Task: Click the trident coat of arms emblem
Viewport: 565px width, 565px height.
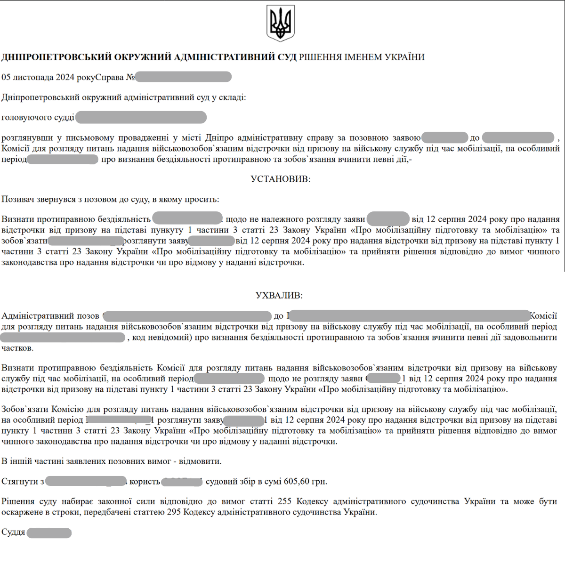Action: point(281,23)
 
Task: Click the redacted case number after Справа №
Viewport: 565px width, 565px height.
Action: point(183,77)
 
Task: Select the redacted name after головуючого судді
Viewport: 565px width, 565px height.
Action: point(141,117)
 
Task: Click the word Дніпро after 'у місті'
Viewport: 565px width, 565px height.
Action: point(219,138)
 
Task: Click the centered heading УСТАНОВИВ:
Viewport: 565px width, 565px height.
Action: point(281,179)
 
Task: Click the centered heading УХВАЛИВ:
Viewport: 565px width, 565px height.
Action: point(279,296)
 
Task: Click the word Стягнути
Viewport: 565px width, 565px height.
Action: point(20,481)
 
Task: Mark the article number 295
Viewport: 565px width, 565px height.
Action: point(174,512)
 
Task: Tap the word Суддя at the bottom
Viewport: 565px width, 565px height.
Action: point(13,532)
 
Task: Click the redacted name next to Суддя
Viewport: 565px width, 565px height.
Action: point(49,533)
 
